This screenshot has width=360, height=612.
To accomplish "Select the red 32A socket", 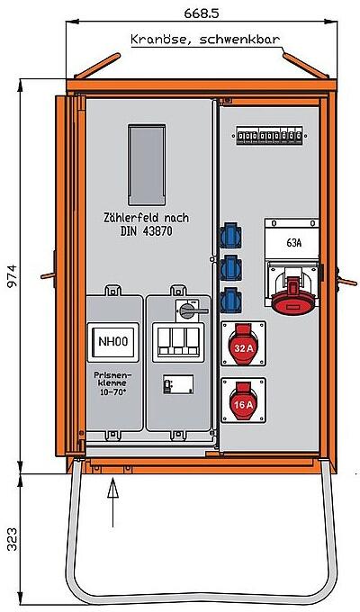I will (x=242, y=346).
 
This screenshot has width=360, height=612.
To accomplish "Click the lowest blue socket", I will (x=231, y=294).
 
